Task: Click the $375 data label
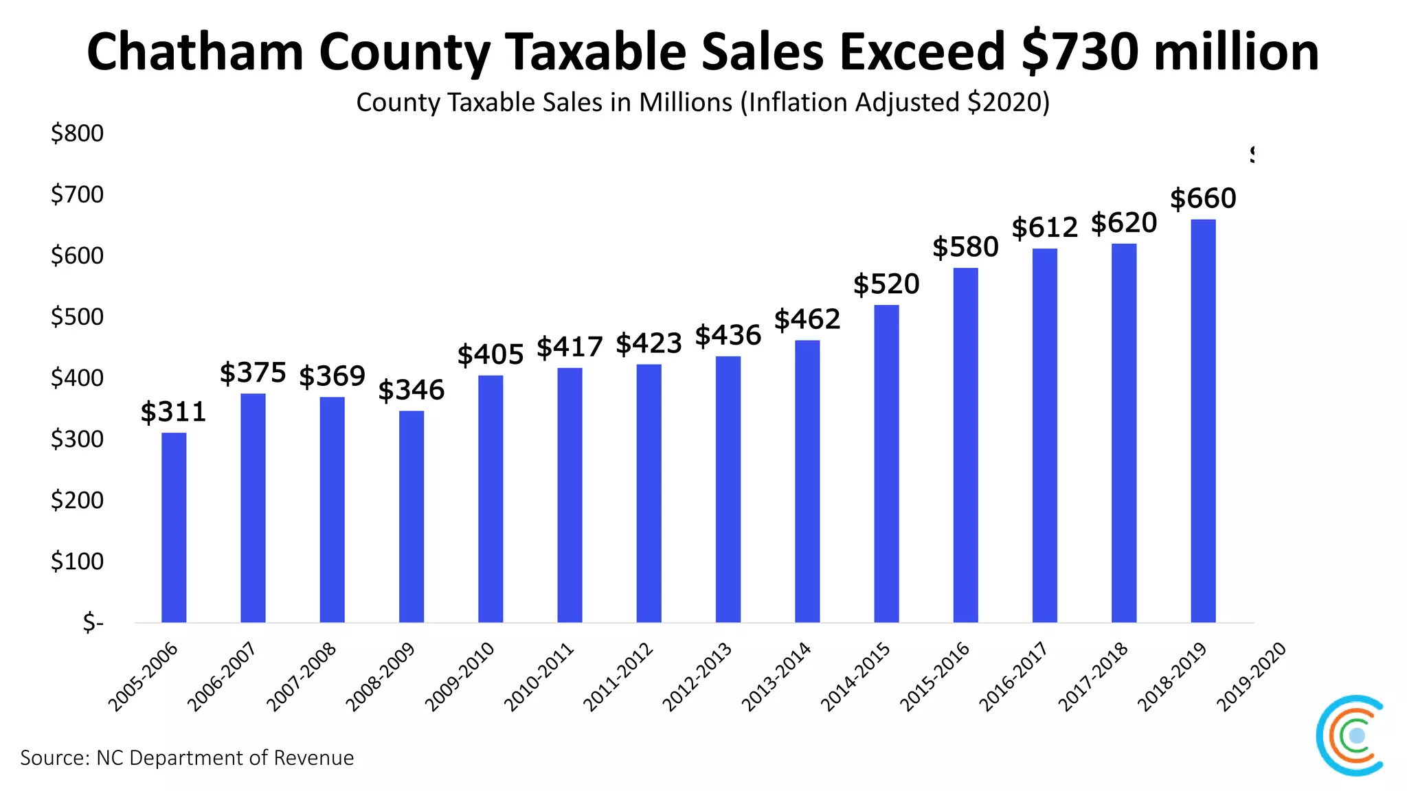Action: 253,373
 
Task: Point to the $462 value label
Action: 807,319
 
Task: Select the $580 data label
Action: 965,247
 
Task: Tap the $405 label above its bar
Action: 491,354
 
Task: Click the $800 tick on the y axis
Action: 77,133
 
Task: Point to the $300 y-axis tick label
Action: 77,439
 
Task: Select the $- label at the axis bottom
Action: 93,622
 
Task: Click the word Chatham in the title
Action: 195,52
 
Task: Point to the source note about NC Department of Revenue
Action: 187,757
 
